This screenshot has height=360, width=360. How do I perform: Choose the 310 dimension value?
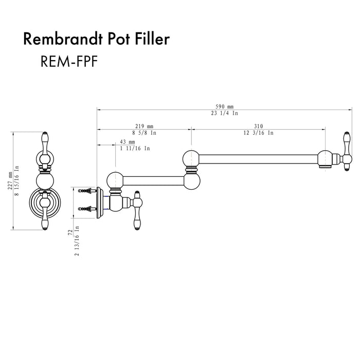[x=258, y=126]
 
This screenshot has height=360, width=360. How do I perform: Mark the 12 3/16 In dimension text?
[x=259, y=133]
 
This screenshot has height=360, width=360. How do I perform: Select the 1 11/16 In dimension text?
[x=135, y=148]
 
